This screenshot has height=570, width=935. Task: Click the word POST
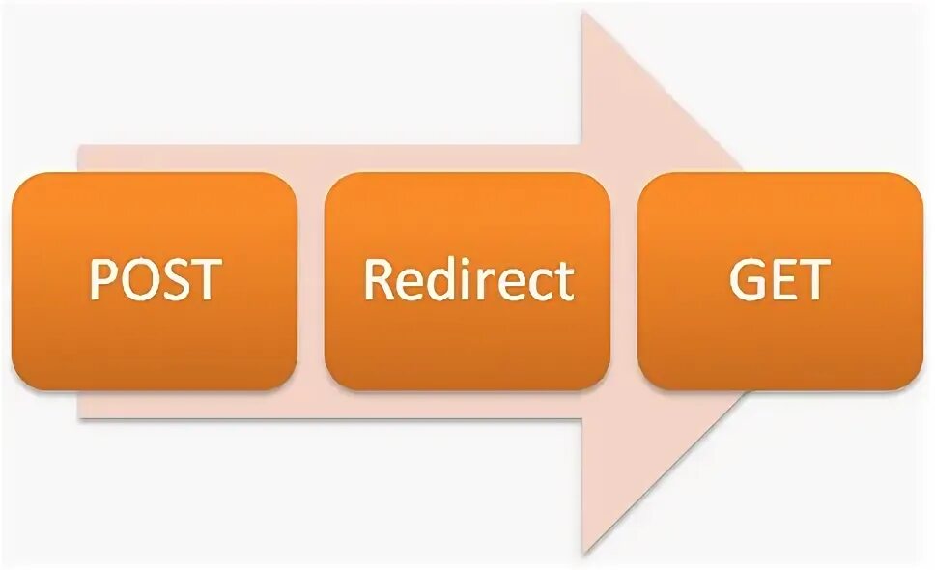tap(156, 280)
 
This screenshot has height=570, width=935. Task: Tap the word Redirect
tap(468, 280)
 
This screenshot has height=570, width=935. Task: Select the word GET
tap(779, 280)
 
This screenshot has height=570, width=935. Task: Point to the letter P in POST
tap(103, 280)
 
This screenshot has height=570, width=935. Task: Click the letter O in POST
tap(136, 280)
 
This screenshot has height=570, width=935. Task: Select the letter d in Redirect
tap(437, 280)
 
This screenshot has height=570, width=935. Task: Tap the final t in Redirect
tap(563, 281)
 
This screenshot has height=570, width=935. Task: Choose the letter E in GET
tap(782, 280)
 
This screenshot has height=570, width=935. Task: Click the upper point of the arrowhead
tap(585, 16)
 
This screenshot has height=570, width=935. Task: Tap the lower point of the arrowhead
tap(585, 551)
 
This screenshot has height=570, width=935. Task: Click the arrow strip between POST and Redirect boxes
tap(311, 280)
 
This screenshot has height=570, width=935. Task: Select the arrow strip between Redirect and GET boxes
tap(624, 280)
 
